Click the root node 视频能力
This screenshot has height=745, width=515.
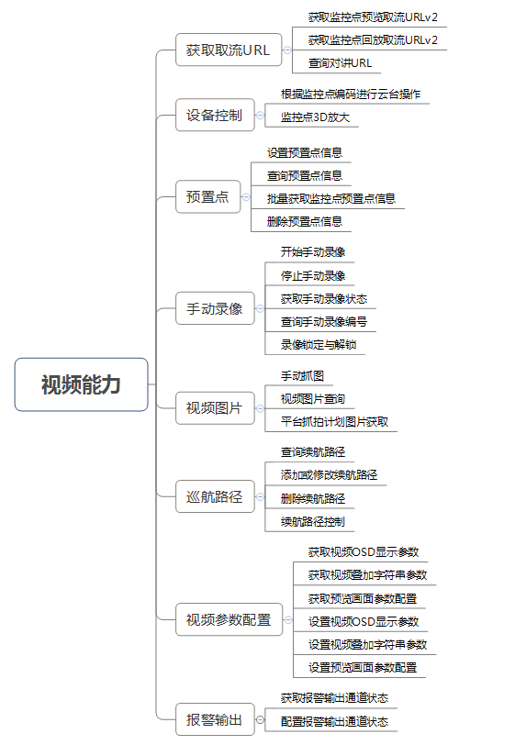click(x=82, y=384)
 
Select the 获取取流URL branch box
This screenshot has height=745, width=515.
click(x=229, y=50)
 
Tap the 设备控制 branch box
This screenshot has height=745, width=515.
click(x=215, y=115)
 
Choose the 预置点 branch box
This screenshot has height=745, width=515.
click(x=207, y=196)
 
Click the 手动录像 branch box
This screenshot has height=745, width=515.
click(x=215, y=309)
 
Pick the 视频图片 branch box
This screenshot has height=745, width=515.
click(x=215, y=408)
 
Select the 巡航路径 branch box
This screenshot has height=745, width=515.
click(x=215, y=496)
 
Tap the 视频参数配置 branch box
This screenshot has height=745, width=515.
click(x=229, y=619)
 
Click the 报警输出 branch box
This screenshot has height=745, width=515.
click(x=215, y=720)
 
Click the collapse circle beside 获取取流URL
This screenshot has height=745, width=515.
click(x=287, y=50)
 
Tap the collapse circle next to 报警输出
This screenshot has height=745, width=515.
click(x=260, y=720)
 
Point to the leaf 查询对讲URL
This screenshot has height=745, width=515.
click(x=340, y=63)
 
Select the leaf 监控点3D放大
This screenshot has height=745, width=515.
click(x=315, y=117)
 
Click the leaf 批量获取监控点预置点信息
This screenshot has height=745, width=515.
click(x=331, y=198)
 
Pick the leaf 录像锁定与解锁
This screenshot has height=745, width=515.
click(x=319, y=344)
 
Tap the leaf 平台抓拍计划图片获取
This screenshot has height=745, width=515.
click(x=335, y=422)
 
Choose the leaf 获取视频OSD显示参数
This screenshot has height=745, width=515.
click(x=364, y=552)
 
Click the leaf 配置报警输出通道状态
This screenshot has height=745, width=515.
click(x=335, y=722)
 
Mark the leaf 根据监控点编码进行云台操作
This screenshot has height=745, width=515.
click(x=351, y=95)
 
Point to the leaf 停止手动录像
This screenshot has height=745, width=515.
click(x=313, y=275)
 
